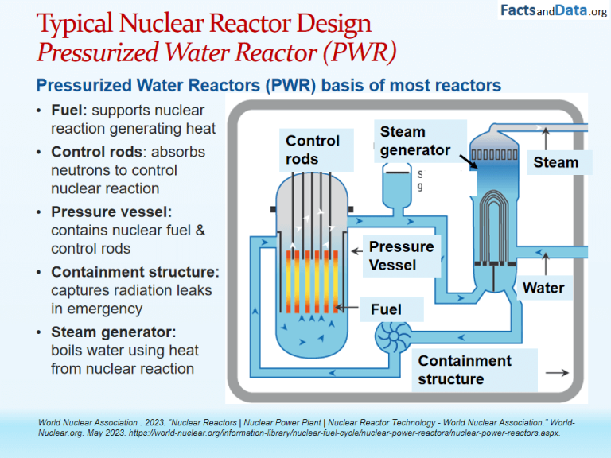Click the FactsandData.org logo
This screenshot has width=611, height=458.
pyautogui.click(x=553, y=11)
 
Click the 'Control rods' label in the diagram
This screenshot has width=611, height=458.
pyautogui.click(x=313, y=149)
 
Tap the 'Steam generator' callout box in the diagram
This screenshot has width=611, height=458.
pyautogui.click(x=415, y=141)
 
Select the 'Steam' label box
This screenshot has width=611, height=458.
pyautogui.click(x=556, y=162)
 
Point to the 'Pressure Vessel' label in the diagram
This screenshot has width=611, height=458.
pyautogui.click(x=401, y=255)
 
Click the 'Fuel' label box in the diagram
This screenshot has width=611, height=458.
pyautogui.click(x=387, y=309)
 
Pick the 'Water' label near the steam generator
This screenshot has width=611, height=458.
pyautogui.click(x=543, y=288)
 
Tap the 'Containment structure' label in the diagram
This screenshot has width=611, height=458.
pyautogui.click(x=465, y=370)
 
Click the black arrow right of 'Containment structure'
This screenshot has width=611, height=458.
pyautogui.click(x=556, y=372)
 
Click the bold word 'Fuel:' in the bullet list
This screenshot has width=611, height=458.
pyautogui.click(x=69, y=111)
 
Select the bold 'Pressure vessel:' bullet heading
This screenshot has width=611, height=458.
pyautogui.click(x=111, y=212)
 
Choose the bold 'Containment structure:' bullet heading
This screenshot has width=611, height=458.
pyautogui.click(x=134, y=272)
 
